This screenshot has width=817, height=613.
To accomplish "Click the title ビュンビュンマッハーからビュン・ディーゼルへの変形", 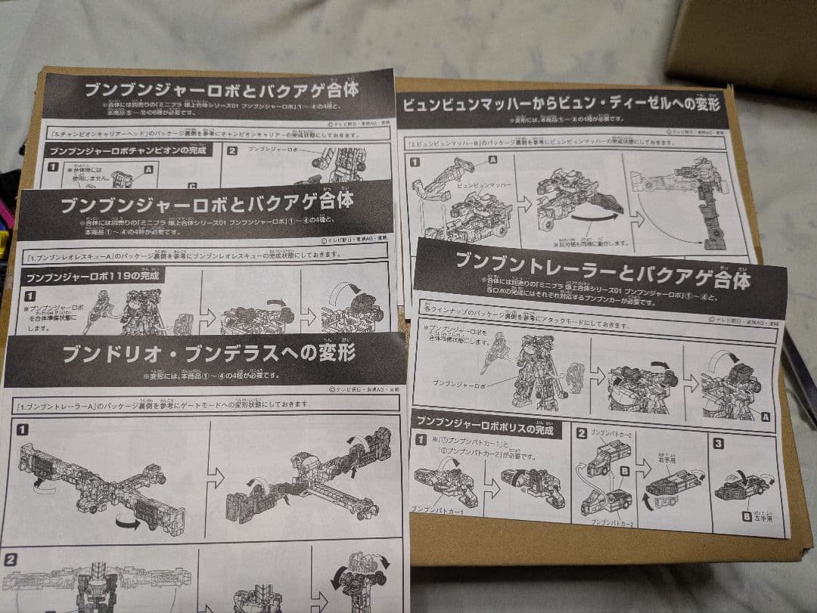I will click(561, 104).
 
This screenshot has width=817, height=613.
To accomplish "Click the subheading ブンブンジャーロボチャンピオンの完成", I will click(128, 150).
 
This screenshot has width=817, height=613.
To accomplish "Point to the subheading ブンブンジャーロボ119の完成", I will click(96, 277).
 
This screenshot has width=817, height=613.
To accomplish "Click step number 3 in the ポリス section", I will click(719, 444).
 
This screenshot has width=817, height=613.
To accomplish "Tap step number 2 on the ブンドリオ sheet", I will click(11, 560).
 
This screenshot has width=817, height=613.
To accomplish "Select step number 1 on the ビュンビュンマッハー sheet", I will click(414, 162).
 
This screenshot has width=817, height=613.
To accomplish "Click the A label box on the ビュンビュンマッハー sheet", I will click(493, 159).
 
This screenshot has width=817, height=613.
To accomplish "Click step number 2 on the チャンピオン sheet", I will click(231, 150).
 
